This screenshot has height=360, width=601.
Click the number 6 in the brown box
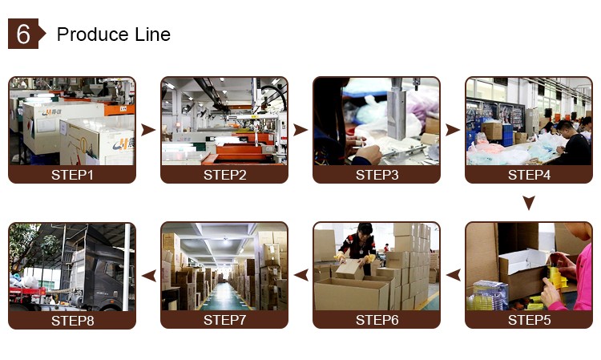23,34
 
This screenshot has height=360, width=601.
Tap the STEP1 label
71,175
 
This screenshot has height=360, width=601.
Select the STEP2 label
224,175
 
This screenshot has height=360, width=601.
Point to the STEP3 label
377,175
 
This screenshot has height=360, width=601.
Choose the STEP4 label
529,175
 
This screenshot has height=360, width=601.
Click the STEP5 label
529,320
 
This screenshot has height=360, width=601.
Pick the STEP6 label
377,320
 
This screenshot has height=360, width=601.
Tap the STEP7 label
224,320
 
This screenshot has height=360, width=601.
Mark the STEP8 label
71,320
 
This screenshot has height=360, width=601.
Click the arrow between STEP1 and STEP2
147,130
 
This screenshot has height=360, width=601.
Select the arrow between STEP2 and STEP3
300,130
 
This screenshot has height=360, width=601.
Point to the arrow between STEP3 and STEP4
453,130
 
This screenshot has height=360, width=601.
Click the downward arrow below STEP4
529,203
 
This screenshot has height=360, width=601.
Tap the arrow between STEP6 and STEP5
453,275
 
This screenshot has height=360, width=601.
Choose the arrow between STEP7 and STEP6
300,275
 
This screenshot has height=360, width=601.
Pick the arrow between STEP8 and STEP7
147,275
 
